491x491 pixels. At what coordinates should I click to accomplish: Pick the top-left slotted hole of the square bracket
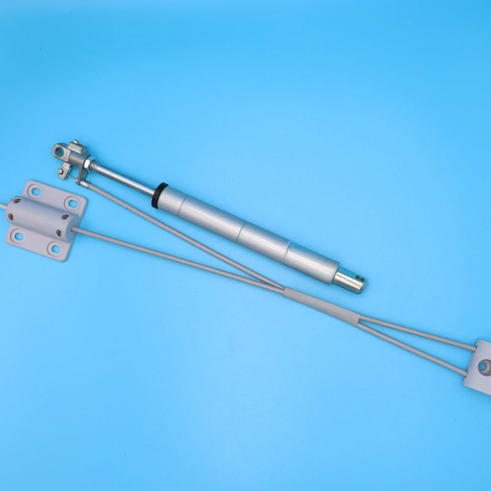(34, 191)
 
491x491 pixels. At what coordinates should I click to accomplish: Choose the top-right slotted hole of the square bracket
(72, 202)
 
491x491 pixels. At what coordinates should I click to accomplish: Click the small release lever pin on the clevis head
(64, 172)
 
